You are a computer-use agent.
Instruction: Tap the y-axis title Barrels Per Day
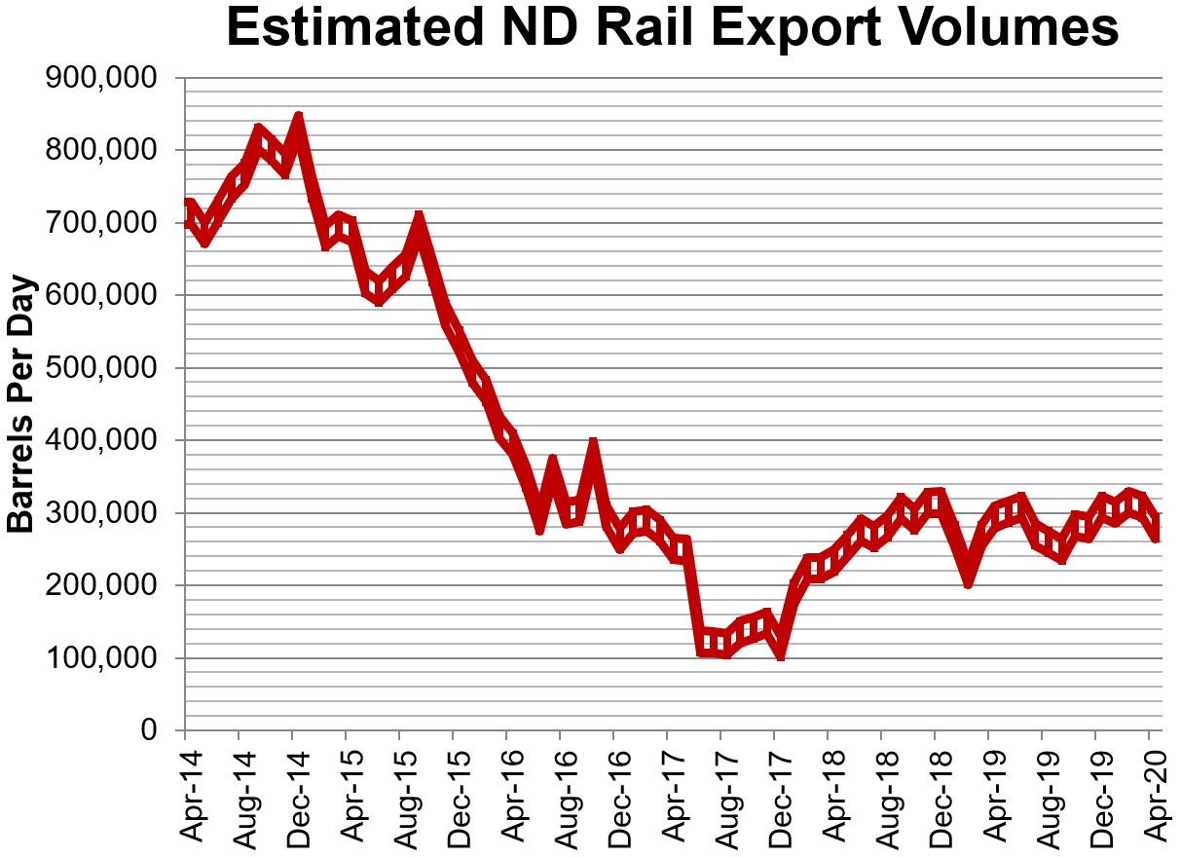click(21, 404)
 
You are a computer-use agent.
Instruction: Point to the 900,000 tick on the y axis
click(102, 78)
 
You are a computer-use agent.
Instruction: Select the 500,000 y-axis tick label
click(102, 368)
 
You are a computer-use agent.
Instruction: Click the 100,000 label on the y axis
click(102, 658)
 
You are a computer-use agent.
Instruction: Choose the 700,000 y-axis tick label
click(102, 223)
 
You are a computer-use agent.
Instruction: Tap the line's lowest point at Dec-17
click(781, 653)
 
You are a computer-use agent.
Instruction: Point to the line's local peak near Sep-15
click(419, 220)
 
